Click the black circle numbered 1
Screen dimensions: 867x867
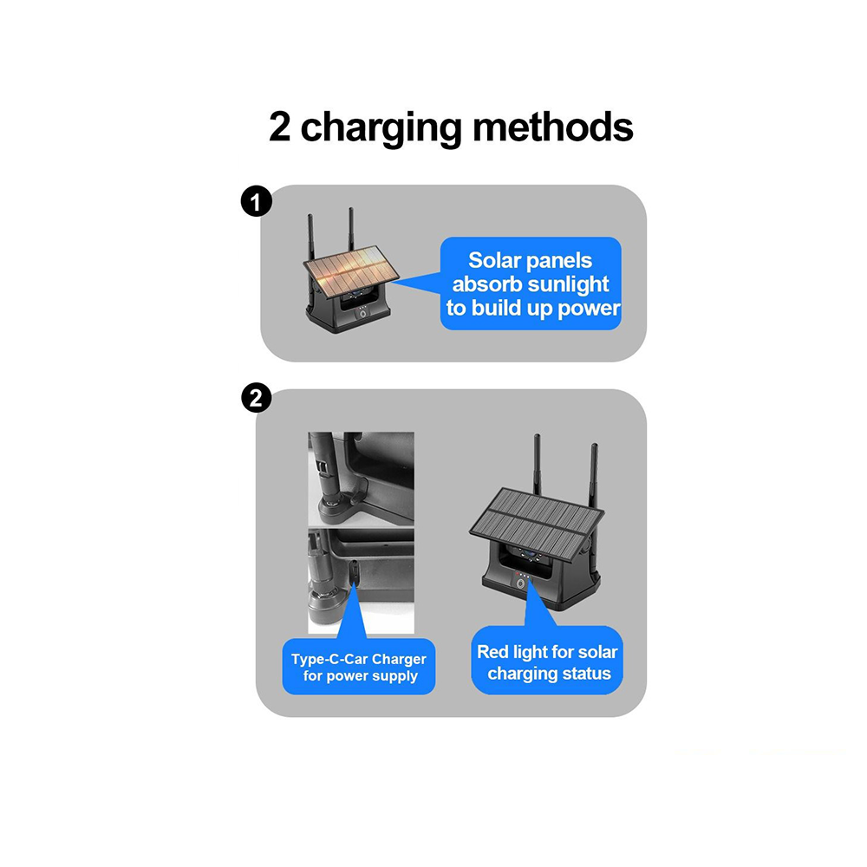[x=257, y=201]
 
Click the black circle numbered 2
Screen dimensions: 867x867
[x=257, y=398]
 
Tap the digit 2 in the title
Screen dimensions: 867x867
[x=280, y=127]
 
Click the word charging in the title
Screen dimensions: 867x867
[x=381, y=128]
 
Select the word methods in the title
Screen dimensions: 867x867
[x=553, y=127]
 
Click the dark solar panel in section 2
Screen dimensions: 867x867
[x=537, y=520]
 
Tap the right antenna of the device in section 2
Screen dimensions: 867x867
[x=594, y=475]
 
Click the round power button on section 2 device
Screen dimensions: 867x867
[x=520, y=583]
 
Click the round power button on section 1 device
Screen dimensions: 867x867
[x=362, y=314]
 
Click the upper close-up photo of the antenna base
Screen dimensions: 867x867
[x=361, y=479]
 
